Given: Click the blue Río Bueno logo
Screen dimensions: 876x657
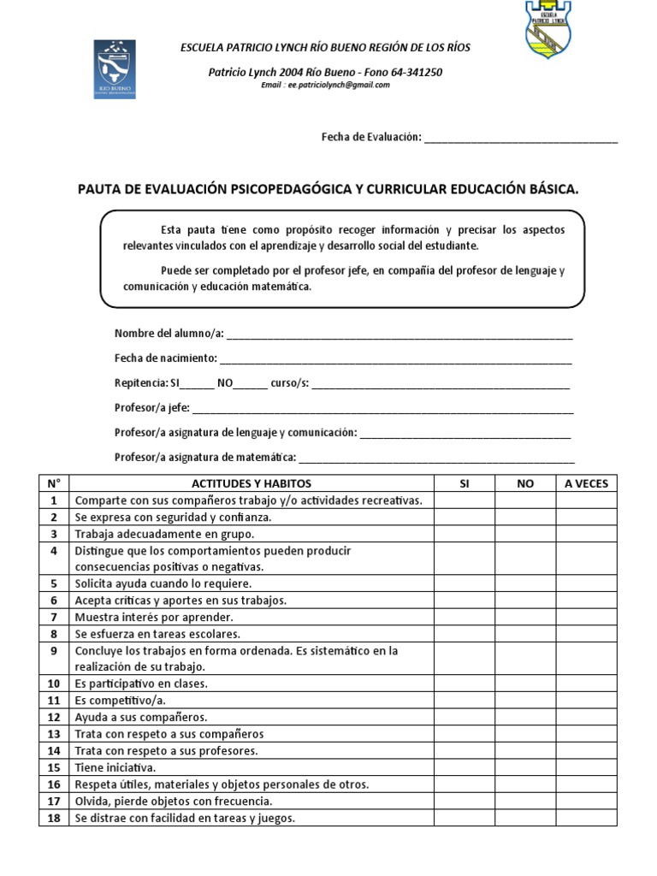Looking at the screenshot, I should coord(115,68).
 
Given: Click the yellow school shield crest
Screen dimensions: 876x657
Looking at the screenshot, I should coord(547,29).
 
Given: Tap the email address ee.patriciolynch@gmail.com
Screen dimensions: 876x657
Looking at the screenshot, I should coord(325,86).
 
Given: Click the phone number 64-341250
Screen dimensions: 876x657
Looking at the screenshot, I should coord(413,73).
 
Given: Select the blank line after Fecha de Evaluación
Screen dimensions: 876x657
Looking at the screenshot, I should coord(520,139).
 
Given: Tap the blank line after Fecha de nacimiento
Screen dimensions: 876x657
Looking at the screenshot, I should coord(395,359).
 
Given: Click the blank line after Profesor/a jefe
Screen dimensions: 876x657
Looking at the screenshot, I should coord(382,409).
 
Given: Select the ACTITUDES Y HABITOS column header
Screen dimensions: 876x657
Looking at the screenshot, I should coord(252,483).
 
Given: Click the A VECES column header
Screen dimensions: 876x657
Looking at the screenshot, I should coord(586,483).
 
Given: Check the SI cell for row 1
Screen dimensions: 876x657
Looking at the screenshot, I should coord(465,500).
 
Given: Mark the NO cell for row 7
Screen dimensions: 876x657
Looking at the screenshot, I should coord(525,617).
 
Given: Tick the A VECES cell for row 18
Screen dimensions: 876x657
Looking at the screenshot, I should coord(586,819).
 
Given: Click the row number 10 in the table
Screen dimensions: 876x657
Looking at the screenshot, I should coord(54,684).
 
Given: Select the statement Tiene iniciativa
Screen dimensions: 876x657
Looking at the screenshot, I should coord(115,767).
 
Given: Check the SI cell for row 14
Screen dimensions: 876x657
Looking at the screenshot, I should coord(465,751).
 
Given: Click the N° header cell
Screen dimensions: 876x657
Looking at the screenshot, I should coord(54,483).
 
